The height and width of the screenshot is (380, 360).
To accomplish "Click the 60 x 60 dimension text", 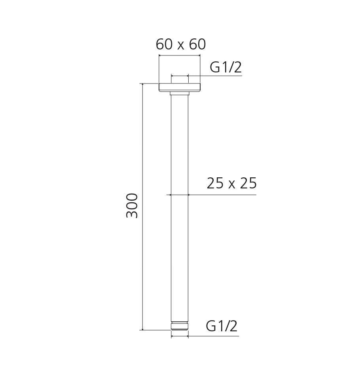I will tap(181, 44).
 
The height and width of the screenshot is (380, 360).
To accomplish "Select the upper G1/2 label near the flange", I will tap(225, 68).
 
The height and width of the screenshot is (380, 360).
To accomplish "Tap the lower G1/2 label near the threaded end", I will tap(222, 326).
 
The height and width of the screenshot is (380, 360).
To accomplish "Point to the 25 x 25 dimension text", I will tap(232, 184).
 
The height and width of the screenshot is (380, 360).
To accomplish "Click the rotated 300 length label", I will tap(132, 205).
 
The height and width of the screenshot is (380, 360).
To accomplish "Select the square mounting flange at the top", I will tap(180, 87).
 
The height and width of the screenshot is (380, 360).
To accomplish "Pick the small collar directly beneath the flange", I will tap(180, 93).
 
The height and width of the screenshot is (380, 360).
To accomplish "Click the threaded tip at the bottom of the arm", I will tap(180, 326).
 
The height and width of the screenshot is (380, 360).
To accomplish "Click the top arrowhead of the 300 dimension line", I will tap(142, 85).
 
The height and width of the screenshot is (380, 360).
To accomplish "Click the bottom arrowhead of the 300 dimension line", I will tap(142, 329).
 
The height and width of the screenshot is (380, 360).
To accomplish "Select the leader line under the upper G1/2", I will tap(222, 75).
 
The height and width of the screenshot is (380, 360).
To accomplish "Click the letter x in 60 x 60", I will tap(181, 46).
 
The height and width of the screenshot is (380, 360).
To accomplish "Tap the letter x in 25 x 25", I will tap(232, 185).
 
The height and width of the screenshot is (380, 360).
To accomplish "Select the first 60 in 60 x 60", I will tap(164, 44).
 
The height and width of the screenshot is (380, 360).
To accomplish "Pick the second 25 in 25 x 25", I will tap(248, 184).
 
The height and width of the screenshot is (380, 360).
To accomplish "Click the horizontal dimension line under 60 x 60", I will tap(180, 56).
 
